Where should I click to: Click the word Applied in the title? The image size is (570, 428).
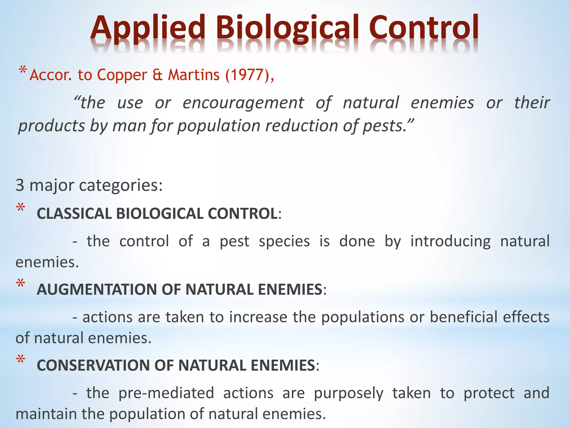coord(148,28)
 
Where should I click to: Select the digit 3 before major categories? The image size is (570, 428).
coord(20,185)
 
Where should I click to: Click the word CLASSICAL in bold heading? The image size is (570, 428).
coord(75,214)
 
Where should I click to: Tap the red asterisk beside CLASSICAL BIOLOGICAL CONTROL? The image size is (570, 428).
coord(21,208)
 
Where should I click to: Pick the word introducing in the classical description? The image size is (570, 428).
coord(450,241)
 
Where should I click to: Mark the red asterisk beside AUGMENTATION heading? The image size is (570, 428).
coord(21,284)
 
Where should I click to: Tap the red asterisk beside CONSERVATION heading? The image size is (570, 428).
coord(21,360)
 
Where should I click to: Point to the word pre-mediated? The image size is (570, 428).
coord(166,393)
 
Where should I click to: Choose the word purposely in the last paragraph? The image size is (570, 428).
coord(348,393)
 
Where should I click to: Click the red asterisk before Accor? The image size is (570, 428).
coord(23,70)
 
